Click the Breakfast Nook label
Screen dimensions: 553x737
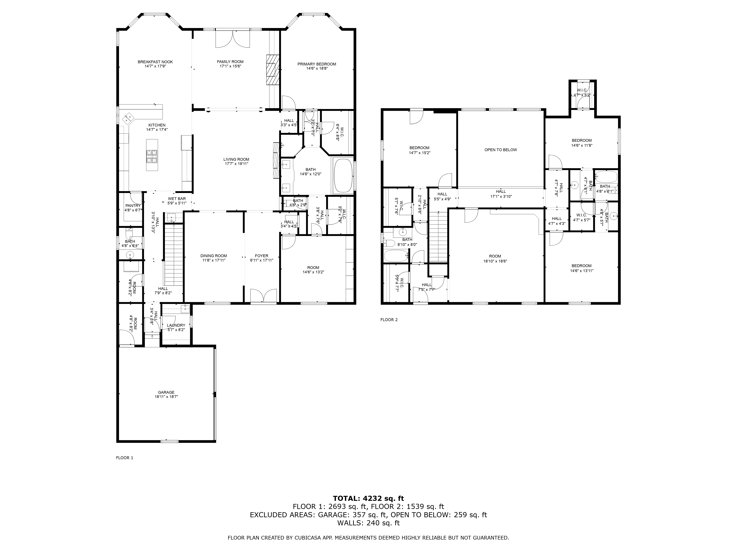pos(155,62)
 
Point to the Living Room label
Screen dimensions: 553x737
pos(236,159)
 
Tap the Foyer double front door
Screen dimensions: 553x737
pos(263,296)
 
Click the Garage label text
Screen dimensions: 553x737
pos(166,392)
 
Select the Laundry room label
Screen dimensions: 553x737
pos(176,325)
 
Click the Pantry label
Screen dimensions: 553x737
pos(133,206)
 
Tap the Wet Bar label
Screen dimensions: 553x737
pos(177,199)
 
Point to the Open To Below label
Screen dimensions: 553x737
pos(500,150)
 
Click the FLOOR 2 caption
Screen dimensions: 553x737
pos(389,320)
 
